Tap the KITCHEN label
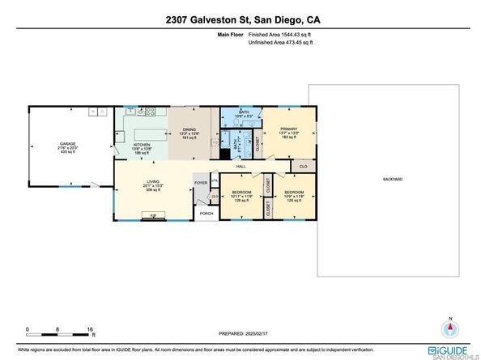click(142, 144)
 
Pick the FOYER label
click(201, 184)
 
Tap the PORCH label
click(206, 214)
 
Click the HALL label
click(240, 165)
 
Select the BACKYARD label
click(394, 179)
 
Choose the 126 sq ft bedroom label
click(294, 193)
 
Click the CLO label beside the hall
click(303, 166)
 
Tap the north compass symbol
click(451, 328)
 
